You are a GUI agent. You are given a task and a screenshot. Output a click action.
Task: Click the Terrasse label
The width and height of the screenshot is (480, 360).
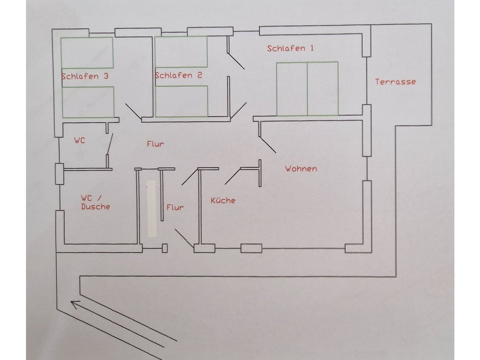(395, 82)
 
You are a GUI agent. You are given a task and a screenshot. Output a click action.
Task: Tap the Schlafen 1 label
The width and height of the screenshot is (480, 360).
(290, 48)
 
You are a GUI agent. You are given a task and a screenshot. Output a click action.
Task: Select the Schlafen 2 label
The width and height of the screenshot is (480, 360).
(178, 75)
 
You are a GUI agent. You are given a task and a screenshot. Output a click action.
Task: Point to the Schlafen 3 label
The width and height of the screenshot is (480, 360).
(85, 76)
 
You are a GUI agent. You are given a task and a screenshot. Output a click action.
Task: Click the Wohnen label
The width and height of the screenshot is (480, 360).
(301, 169)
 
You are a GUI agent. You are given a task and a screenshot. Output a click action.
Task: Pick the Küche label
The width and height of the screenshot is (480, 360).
(223, 200)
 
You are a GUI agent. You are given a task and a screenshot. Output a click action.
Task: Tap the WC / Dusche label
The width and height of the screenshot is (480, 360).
(95, 202)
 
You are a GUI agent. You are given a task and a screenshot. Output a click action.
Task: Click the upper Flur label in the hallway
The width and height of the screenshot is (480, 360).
(155, 144)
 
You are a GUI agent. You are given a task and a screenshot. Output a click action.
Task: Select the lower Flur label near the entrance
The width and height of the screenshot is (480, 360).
(175, 207)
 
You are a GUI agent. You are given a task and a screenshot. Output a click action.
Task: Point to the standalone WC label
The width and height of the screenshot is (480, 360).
(80, 141)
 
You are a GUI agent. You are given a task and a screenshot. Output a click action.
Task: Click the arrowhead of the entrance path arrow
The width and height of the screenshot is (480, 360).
(74, 304)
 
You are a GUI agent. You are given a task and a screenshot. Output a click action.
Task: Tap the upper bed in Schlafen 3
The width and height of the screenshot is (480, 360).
(87, 52)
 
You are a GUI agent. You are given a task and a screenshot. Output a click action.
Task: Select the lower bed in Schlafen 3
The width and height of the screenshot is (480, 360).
(88, 102)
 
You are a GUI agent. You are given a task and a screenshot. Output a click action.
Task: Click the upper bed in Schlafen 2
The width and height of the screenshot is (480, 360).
(181, 52)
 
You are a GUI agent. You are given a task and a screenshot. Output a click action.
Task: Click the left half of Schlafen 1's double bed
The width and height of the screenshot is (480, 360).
(292, 89)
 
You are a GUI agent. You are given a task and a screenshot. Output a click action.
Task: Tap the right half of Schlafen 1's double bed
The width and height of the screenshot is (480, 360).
(322, 89)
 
